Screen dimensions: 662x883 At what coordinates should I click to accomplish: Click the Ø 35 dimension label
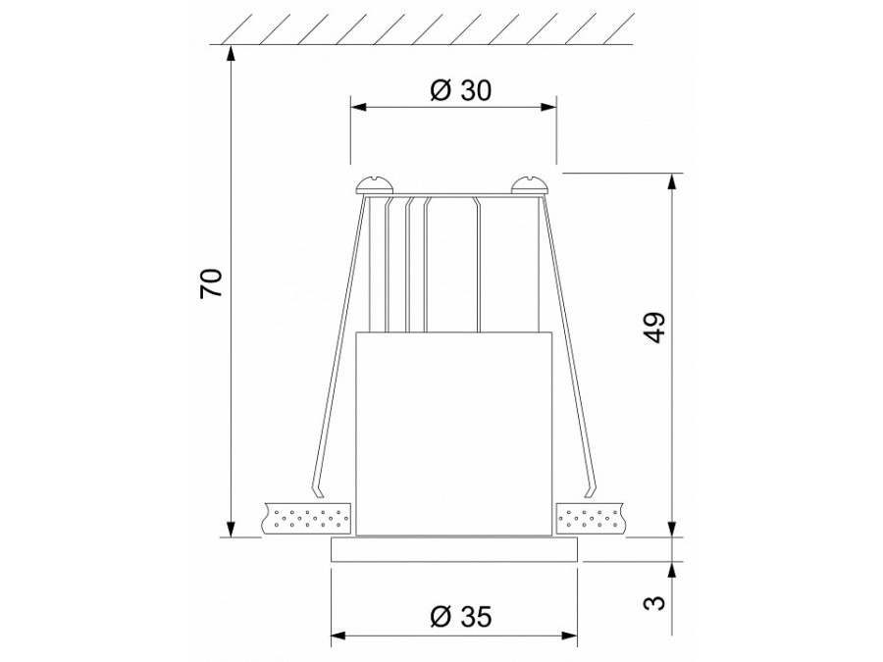pos(460,617)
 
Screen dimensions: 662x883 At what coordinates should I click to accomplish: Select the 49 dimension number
pos(655,328)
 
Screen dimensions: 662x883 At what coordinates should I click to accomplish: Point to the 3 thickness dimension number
pos(655,599)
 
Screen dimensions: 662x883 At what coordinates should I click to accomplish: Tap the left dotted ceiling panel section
pos(307,517)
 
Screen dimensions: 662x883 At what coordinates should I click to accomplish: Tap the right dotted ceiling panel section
pos(592,517)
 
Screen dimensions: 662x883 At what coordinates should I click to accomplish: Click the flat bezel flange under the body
pos(455,549)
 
